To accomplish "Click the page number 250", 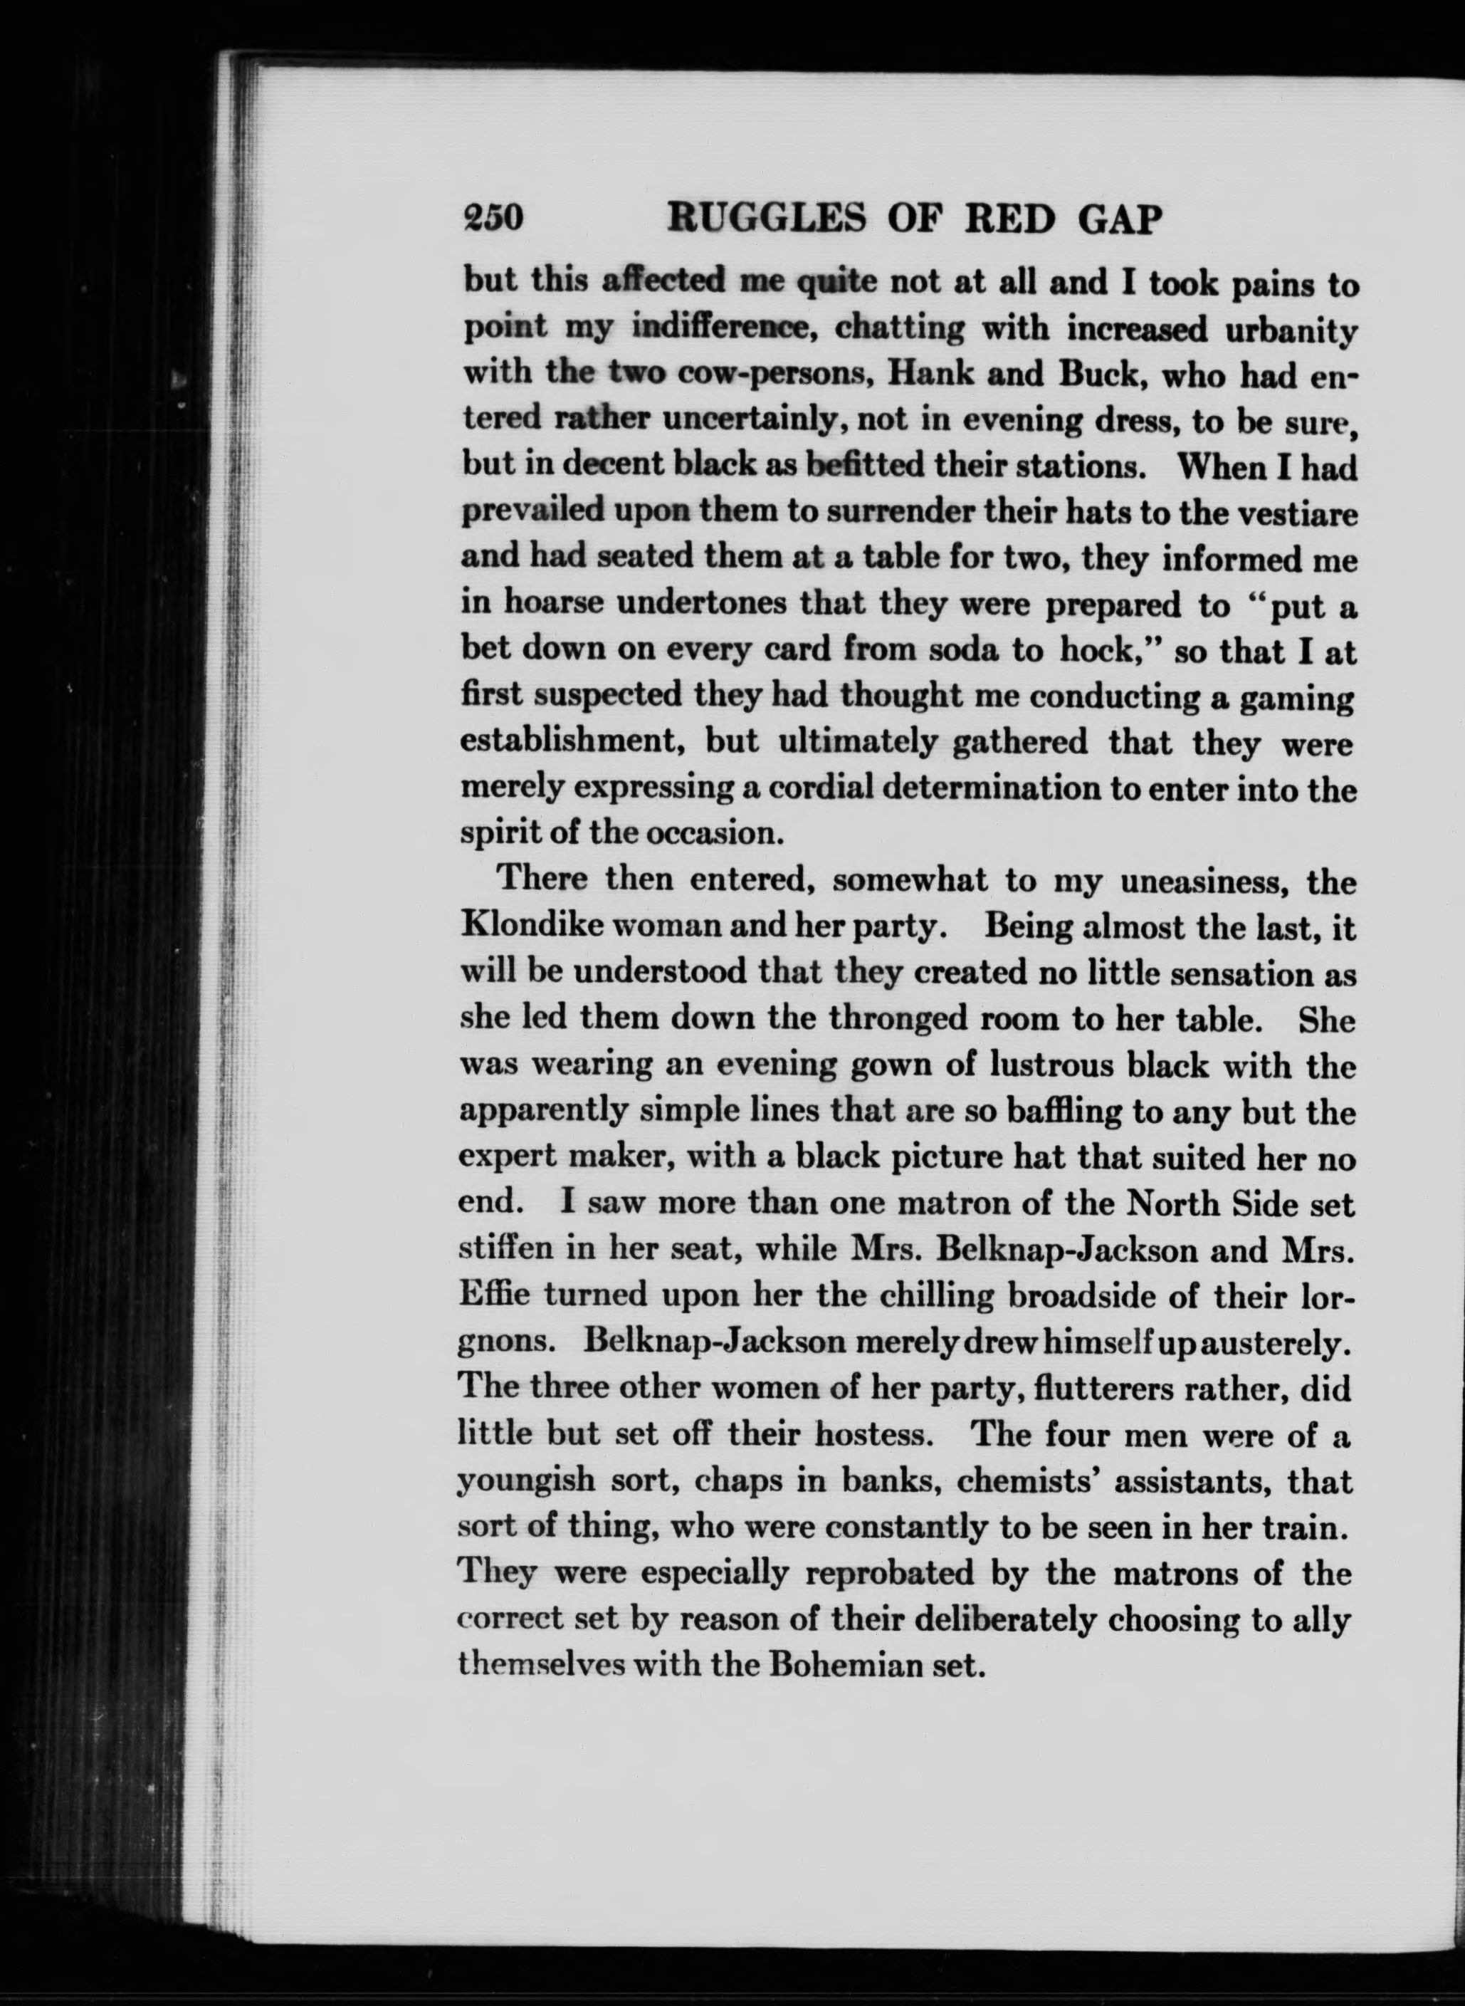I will [494, 218].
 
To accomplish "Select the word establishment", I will [569, 743].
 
